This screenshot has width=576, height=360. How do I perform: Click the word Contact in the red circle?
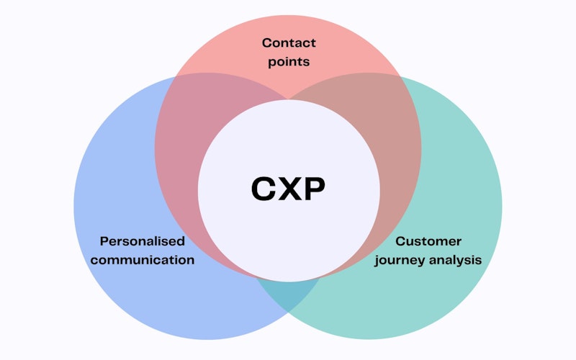288,43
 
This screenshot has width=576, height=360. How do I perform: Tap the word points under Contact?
288,61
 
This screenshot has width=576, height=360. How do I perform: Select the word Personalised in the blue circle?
143,241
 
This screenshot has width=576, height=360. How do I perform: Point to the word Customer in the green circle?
428,241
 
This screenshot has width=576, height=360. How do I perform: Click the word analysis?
456,259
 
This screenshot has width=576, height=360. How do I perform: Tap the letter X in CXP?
288,189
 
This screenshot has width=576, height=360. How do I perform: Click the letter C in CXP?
264,189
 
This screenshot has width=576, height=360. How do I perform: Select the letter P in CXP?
312,189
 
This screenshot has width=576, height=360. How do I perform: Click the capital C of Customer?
400,241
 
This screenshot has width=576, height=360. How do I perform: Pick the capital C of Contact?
265,43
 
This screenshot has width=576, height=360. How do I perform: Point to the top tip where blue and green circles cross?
288,98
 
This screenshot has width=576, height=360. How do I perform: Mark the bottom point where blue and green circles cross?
288,312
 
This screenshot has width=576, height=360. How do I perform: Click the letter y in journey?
425,261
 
